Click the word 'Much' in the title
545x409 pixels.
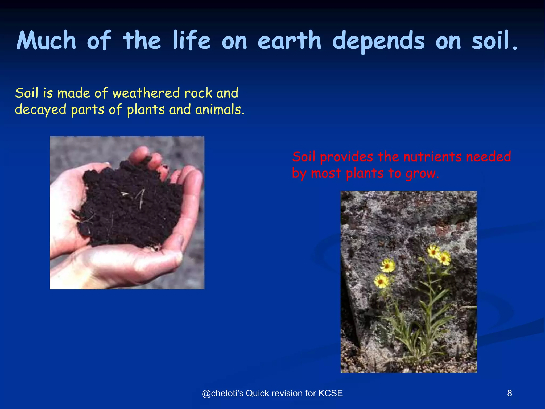coord(47,40)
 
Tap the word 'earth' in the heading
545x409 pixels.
coord(290,40)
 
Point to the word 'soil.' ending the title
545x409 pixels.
coord(495,40)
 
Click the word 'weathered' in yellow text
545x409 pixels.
coord(146,93)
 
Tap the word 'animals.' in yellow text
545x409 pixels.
coord(220,110)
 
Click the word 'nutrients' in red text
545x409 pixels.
coord(432,157)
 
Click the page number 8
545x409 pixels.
coord(509,393)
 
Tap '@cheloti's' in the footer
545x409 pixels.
coord(222,393)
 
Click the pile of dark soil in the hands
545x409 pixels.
coord(128,205)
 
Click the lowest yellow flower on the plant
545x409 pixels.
coord(381,281)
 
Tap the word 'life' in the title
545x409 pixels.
coord(191,40)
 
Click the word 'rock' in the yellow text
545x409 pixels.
coord(198,93)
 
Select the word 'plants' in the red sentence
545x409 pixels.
coord(365,174)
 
